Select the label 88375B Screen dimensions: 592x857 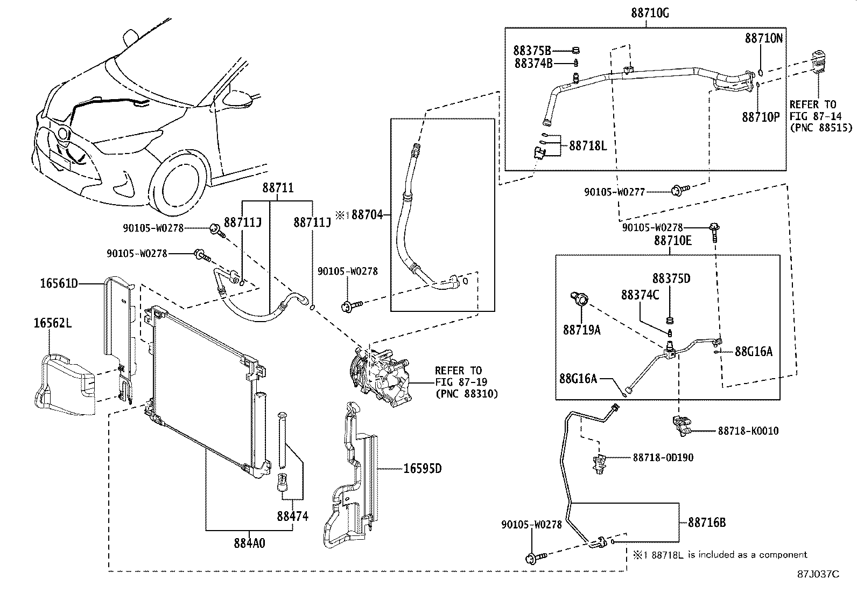tap(532, 51)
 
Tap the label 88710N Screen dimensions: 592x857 tap(763, 38)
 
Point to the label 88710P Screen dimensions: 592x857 tap(761, 117)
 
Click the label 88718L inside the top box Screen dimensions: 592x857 tap(588, 145)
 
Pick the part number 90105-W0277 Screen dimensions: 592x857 tap(614, 191)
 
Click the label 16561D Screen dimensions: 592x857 tap(59, 283)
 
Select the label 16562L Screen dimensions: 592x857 tap(53, 323)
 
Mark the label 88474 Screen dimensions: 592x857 tap(293, 516)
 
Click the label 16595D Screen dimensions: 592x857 tap(423, 469)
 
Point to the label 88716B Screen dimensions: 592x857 tap(707, 523)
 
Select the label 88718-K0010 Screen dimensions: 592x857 tap(748, 431)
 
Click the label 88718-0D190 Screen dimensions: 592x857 tap(663, 458)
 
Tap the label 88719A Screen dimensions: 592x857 tap(581, 330)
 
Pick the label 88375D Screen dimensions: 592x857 tap(671, 278)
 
